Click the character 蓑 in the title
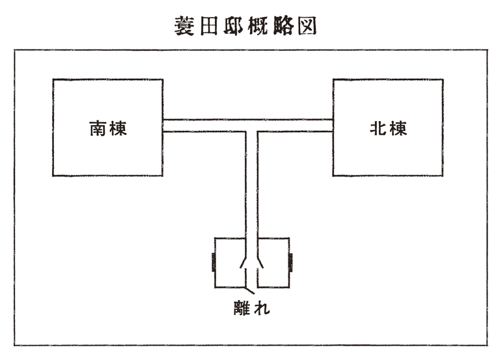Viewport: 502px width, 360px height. point(184,25)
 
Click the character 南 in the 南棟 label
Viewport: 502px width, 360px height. point(98,128)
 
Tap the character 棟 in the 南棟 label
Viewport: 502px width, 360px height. point(118,128)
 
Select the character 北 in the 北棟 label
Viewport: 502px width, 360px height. point(377,128)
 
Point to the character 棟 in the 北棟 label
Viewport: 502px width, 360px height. point(397,128)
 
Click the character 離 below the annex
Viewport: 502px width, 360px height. point(242,306)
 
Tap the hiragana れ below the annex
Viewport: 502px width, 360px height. point(261,307)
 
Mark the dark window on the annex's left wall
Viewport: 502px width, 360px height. point(214,263)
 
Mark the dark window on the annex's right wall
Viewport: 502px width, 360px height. point(290,263)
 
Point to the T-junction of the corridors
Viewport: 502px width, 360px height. point(252,126)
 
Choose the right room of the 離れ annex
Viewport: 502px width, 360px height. point(275,263)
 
